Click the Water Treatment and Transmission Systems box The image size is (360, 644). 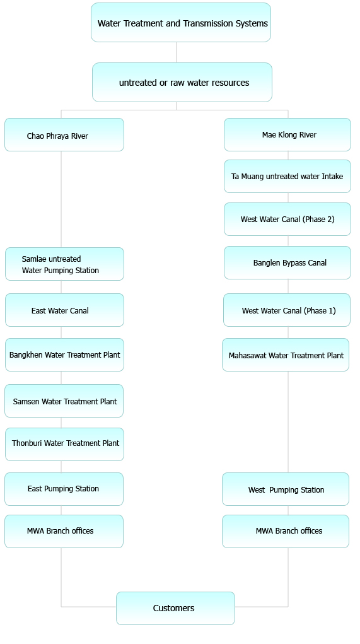click(x=180, y=23)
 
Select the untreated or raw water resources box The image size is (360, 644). click(x=182, y=82)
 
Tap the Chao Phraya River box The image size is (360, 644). click(x=64, y=135)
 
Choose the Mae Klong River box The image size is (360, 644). click(x=287, y=135)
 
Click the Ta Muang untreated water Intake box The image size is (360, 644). click(x=287, y=176)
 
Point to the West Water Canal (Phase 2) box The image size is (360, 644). click(x=287, y=219)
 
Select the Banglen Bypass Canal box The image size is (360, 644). click(x=287, y=262)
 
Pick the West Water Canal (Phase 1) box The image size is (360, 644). click(x=287, y=310)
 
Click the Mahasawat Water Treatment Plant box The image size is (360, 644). click(x=286, y=355)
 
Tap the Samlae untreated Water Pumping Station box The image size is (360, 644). click(x=64, y=264)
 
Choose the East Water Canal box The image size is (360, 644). click(x=64, y=310)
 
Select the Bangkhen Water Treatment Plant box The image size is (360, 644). click(x=64, y=355)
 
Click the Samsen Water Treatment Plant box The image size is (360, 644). click(x=64, y=401)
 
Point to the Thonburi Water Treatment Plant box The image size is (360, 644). click(x=64, y=445)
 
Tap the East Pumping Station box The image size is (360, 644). click(x=64, y=489)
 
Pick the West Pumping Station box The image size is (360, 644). click(x=286, y=489)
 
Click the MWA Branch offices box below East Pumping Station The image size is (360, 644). click(x=64, y=532)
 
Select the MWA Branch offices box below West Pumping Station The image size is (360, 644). click(x=286, y=532)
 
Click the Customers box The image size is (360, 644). click(x=176, y=608)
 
